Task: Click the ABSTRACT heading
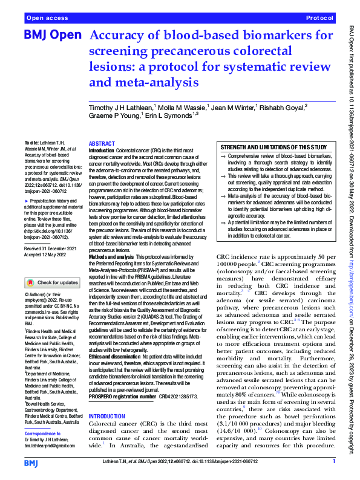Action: click(101, 144)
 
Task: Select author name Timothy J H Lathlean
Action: click(120, 107)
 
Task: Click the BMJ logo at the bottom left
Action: click(30, 462)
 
